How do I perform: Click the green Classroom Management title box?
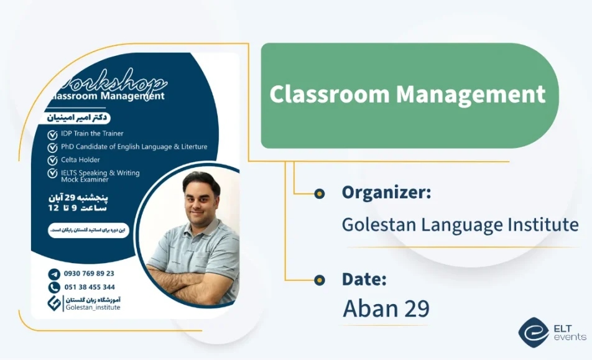[408, 95]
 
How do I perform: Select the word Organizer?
[386, 193]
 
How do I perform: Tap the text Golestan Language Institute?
[460, 224]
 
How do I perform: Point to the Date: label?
[364, 279]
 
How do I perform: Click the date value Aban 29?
[386, 308]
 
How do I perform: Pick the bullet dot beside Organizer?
[320, 193]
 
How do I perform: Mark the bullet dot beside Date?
[320, 280]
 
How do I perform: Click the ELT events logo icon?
[533, 333]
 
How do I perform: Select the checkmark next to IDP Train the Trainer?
[53, 134]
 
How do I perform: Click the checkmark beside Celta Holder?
[53, 160]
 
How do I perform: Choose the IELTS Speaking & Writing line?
[100, 173]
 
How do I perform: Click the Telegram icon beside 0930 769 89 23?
[54, 274]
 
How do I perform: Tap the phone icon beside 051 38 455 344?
[54, 287]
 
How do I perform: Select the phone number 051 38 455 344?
[90, 287]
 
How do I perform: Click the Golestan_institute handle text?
[93, 307]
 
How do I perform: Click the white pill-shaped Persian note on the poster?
[88, 231]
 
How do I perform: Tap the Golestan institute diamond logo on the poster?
[55, 303]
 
